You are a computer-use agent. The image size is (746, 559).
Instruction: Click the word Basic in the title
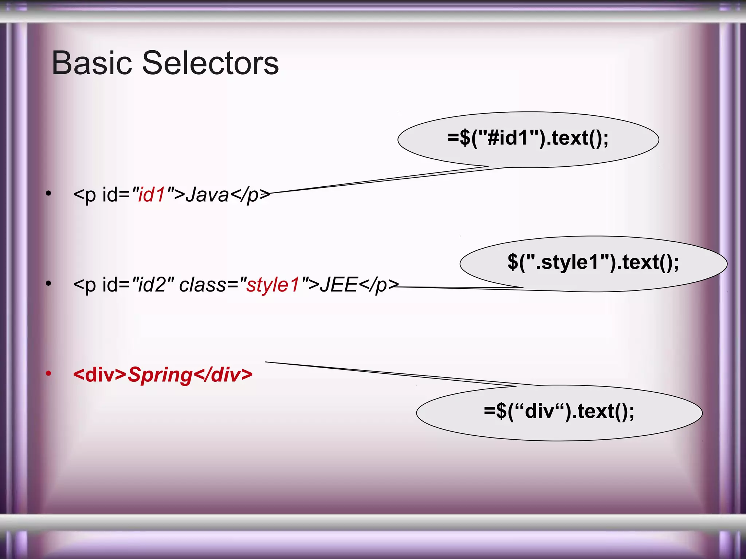tap(91, 63)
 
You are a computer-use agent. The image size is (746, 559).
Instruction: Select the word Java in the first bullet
tap(207, 194)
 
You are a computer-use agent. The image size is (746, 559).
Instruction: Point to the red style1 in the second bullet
tap(273, 285)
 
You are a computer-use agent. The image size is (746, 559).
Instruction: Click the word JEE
tap(339, 285)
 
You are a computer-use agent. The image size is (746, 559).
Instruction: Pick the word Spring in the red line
tap(160, 375)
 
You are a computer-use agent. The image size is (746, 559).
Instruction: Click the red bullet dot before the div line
tap(48, 373)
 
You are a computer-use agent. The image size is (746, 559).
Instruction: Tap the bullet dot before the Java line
tap(48, 193)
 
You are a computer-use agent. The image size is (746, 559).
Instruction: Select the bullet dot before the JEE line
tap(48, 283)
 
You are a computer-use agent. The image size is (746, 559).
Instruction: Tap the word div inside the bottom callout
tap(539, 412)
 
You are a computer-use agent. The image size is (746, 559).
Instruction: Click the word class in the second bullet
tap(203, 285)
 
